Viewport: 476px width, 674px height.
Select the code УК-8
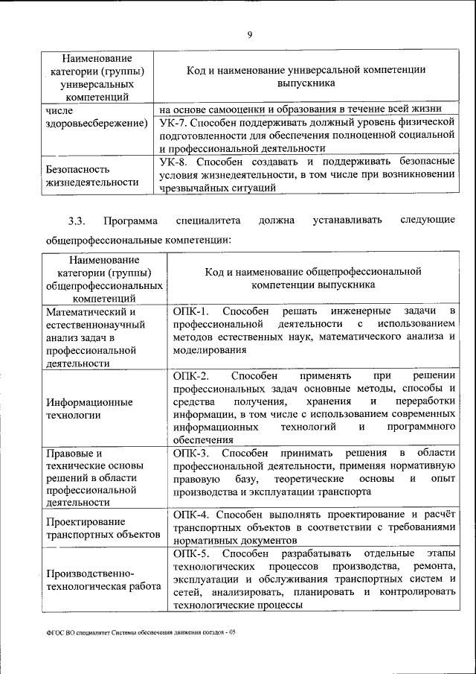pos(176,161)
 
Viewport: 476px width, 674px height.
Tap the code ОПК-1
pos(190,310)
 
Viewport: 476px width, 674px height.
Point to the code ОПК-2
pos(190,375)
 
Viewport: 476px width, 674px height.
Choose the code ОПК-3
pos(191,453)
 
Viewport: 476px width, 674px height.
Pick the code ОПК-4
pos(191,515)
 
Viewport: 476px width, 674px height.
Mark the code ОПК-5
pos(191,553)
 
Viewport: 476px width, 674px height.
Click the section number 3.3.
pos(77,220)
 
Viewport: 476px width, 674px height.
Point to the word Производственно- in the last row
pos(90,573)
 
